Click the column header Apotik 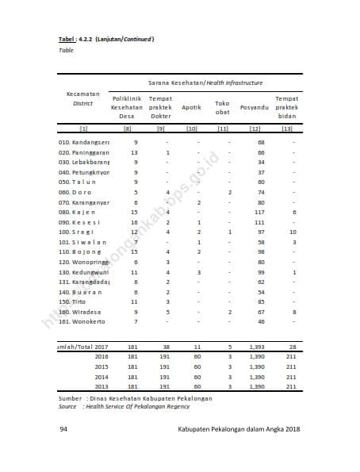coord(190,107)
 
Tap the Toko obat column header coord(223,107)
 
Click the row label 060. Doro coord(75,192)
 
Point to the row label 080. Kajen coord(77,212)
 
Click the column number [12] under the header coord(255,128)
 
